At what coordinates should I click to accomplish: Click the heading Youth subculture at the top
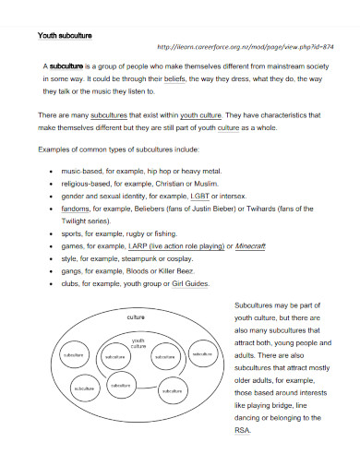[65, 36]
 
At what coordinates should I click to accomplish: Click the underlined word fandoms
[76, 209]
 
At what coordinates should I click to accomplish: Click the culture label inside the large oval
[136, 317]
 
